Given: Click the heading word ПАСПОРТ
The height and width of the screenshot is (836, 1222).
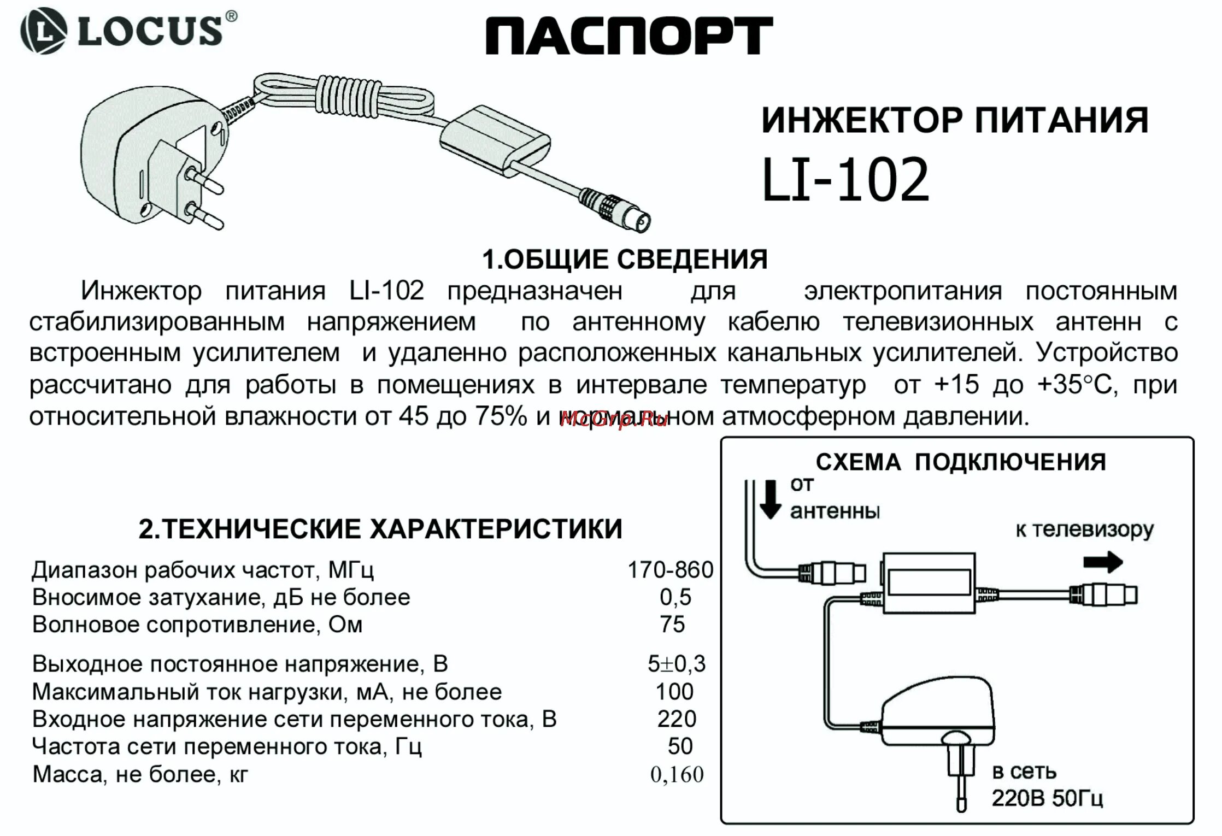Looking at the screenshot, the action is point(628,36).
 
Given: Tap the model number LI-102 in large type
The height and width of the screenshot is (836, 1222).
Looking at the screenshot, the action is point(845,180).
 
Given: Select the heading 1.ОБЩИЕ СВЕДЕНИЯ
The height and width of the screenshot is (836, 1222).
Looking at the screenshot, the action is point(624,260).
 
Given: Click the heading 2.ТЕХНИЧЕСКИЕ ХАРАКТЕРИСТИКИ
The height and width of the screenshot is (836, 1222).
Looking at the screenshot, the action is point(380,529).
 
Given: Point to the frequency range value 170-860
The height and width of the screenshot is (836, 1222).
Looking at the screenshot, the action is point(670,570).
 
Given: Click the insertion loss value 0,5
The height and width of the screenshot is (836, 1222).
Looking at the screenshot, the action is point(675,597).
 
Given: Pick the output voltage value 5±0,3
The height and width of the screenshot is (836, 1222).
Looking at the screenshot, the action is point(677,663).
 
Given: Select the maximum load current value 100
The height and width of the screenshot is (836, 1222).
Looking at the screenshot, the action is point(674,692).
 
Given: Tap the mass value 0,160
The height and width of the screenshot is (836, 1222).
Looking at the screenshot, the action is point(677,774).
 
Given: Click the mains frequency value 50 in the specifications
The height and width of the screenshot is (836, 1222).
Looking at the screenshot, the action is point(680,746).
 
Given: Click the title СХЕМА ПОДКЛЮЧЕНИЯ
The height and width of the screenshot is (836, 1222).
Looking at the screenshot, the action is point(960,462).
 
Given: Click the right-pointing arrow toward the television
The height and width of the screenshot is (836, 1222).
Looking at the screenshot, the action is point(1103,562).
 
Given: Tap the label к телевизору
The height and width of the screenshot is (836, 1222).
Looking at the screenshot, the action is point(1084,530).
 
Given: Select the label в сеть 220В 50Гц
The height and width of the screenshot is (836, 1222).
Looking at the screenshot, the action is point(1047,786).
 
